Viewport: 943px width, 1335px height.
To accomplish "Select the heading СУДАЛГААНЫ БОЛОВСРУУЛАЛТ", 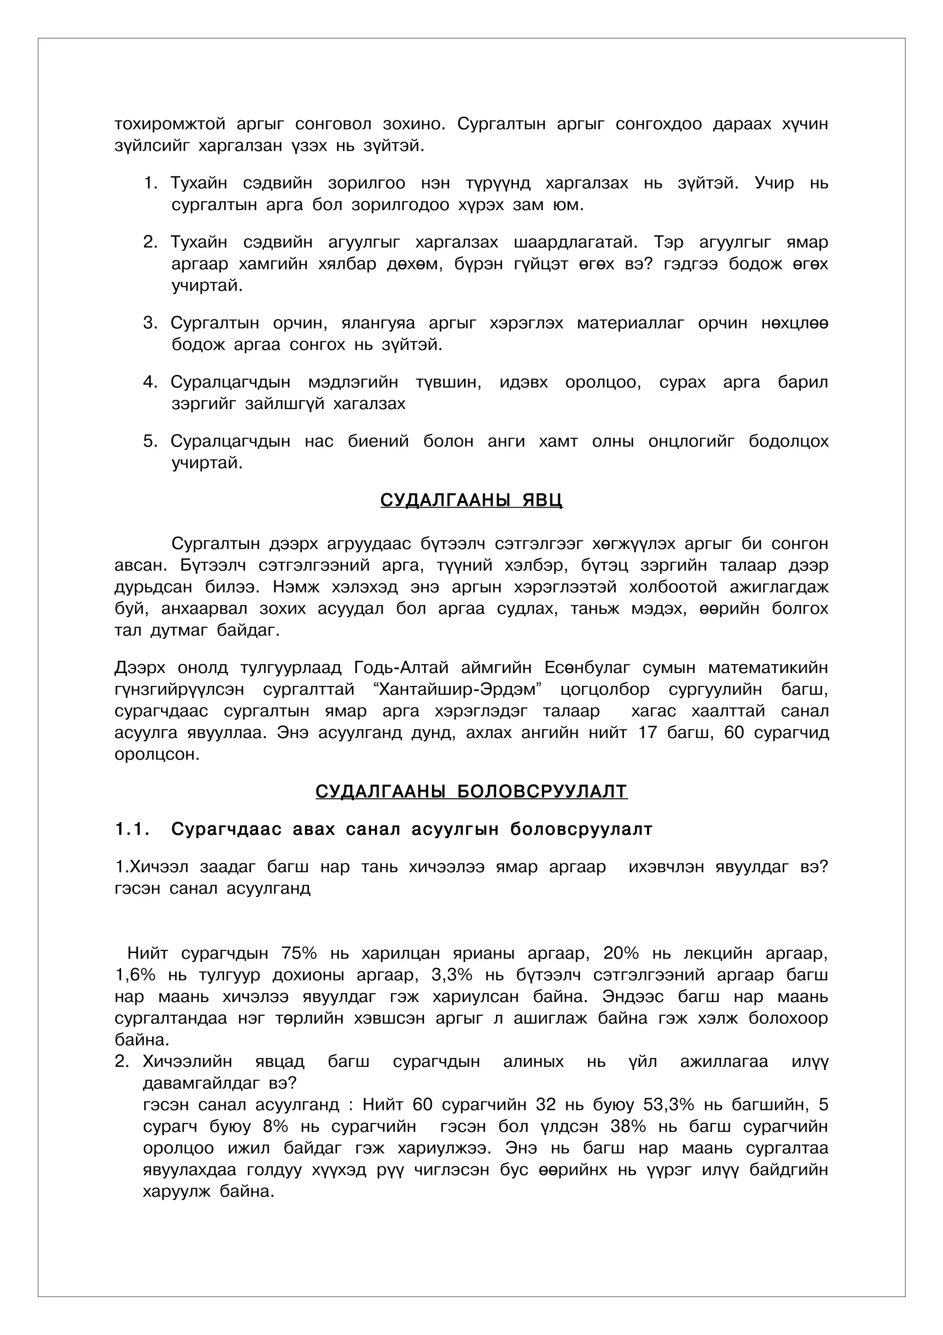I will [471, 791].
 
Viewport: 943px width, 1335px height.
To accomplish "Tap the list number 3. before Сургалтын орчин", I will [150, 323].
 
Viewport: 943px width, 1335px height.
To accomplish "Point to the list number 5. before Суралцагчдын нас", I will [150, 441].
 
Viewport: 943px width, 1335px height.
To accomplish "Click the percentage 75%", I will [299, 954].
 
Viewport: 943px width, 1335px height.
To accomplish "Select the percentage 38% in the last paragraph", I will [628, 1126].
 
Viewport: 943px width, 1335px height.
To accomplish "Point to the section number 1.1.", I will [133, 830].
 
